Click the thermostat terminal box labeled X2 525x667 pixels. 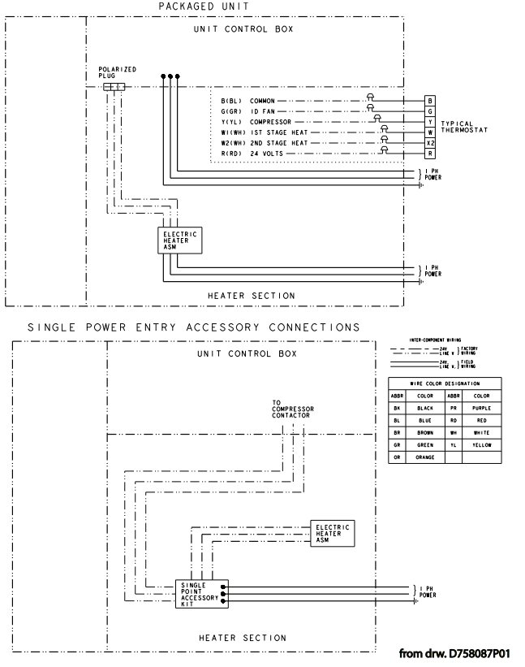(x=431, y=141)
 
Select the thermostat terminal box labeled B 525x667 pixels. (x=431, y=101)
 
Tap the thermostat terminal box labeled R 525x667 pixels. (x=431, y=152)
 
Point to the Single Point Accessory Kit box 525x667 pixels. (x=200, y=595)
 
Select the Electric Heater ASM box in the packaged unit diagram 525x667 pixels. (x=179, y=240)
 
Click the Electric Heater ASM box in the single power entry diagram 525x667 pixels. (x=333, y=533)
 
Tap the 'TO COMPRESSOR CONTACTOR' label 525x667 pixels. (x=293, y=409)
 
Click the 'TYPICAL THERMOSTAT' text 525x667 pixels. (x=464, y=127)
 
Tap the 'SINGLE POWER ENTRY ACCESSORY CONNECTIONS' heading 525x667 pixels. (x=193, y=327)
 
